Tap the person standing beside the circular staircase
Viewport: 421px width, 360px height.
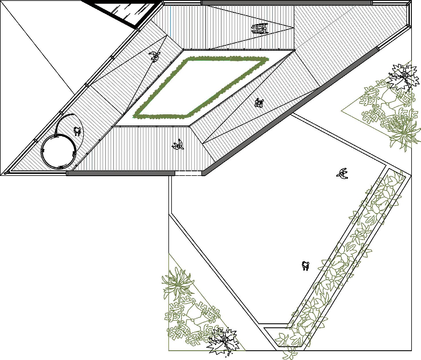click(x=77, y=131)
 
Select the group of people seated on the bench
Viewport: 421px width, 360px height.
click(x=259, y=29)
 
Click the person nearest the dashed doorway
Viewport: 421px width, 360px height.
click(x=178, y=145)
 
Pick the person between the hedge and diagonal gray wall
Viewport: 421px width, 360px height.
click(x=259, y=103)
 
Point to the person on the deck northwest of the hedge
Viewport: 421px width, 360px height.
click(x=155, y=56)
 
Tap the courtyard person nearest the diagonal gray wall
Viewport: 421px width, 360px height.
click(x=342, y=173)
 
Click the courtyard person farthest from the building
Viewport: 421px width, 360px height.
click(x=306, y=266)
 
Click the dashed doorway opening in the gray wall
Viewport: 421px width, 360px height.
click(x=188, y=173)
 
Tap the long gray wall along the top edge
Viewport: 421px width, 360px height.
click(x=286, y=3)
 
